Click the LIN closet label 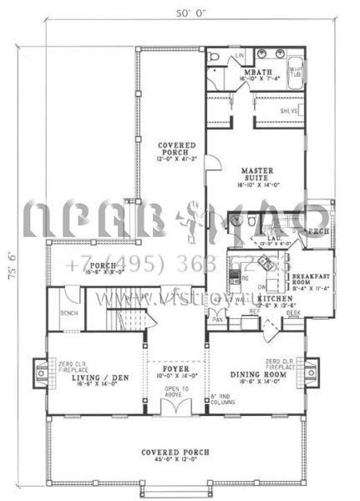point(240,55)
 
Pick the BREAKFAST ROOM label point(313,281)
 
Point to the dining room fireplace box point(312,368)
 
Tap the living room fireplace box point(39,369)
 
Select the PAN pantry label point(216,320)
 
